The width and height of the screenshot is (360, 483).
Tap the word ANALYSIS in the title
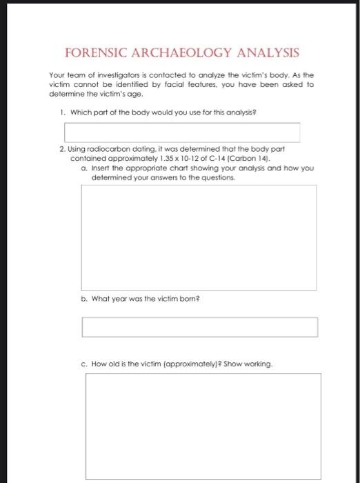[x=268, y=52]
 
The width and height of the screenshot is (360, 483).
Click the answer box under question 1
[x=182, y=132]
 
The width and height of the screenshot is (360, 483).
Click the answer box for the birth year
[x=199, y=327]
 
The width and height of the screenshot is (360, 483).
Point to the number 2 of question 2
[x=62, y=149]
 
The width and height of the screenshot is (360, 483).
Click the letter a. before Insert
[x=83, y=168]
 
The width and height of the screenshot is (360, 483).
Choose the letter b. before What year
[x=83, y=299]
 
